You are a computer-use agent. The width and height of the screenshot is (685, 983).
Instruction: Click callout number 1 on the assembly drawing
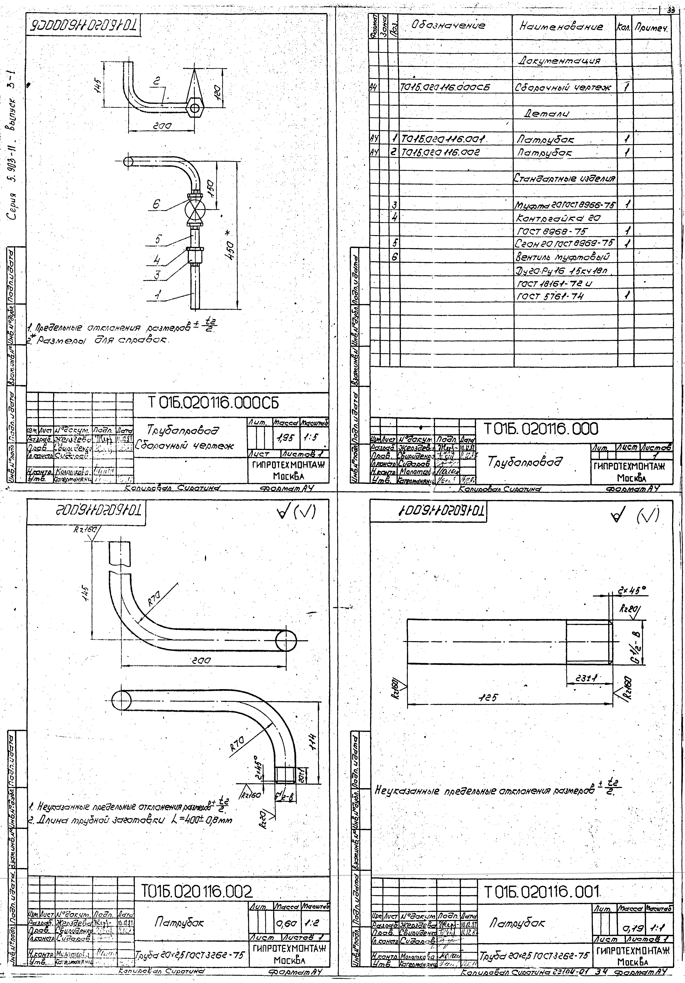[x=159, y=295]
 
